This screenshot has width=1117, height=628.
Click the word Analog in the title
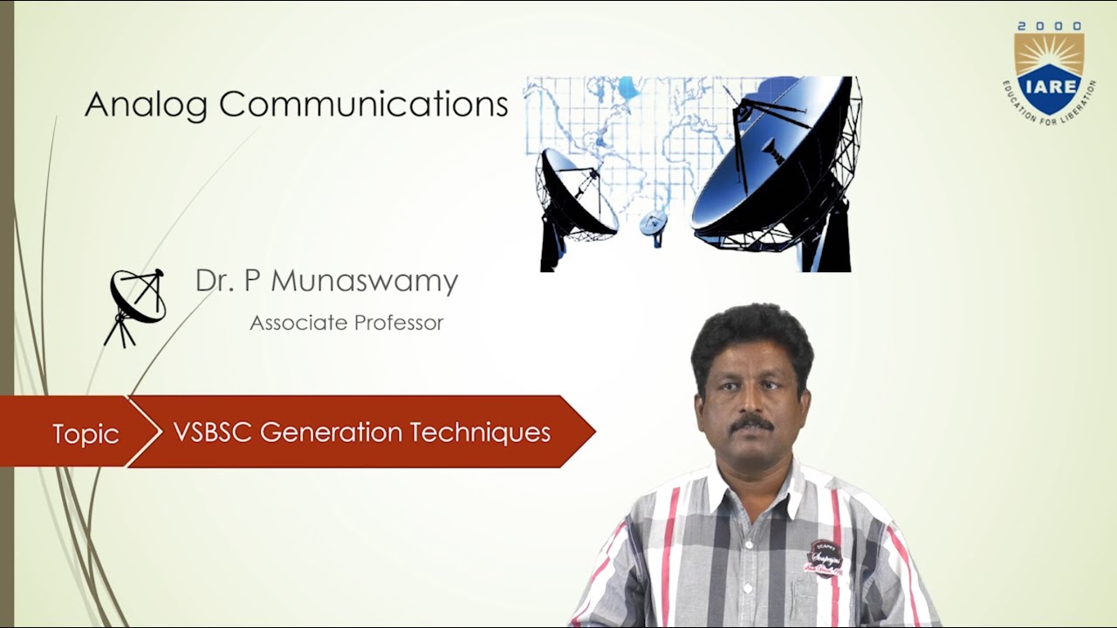tap(146, 105)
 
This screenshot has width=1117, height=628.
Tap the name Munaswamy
tap(364, 281)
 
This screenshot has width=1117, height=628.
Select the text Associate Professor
tap(346, 323)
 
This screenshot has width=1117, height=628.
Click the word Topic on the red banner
tap(86, 433)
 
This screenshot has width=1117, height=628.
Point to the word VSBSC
tap(212, 432)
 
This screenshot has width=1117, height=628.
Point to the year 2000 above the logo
tap(1049, 27)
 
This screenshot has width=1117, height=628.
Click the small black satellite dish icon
tap(136, 305)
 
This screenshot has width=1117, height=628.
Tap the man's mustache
tap(751, 423)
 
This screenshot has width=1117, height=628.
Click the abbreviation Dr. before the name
tap(210, 281)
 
